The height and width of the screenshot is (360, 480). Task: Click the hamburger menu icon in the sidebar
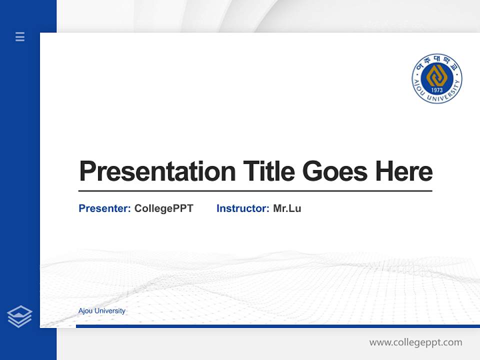(x=20, y=36)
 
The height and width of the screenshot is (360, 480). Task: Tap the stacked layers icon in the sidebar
(x=19, y=316)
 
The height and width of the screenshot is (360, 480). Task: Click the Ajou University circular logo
(x=436, y=78)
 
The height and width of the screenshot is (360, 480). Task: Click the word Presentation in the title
(x=157, y=171)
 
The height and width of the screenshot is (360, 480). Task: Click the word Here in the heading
(x=404, y=171)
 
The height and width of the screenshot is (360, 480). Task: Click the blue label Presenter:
(x=104, y=208)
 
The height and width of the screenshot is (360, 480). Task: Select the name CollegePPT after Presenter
(x=163, y=208)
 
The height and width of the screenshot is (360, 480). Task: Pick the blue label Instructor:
(x=242, y=208)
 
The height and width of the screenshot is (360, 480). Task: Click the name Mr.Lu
(x=287, y=208)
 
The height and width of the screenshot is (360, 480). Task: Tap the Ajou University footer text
(x=102, y=311)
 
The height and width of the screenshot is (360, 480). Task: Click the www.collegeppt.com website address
(x=415, y=342)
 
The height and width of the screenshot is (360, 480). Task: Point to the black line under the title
(x=255, y=191)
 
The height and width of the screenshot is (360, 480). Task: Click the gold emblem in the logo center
(x=436, y=76)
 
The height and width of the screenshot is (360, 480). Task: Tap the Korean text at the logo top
(x=436, y=61)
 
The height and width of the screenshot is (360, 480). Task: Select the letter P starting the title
(x=88, y=171)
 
